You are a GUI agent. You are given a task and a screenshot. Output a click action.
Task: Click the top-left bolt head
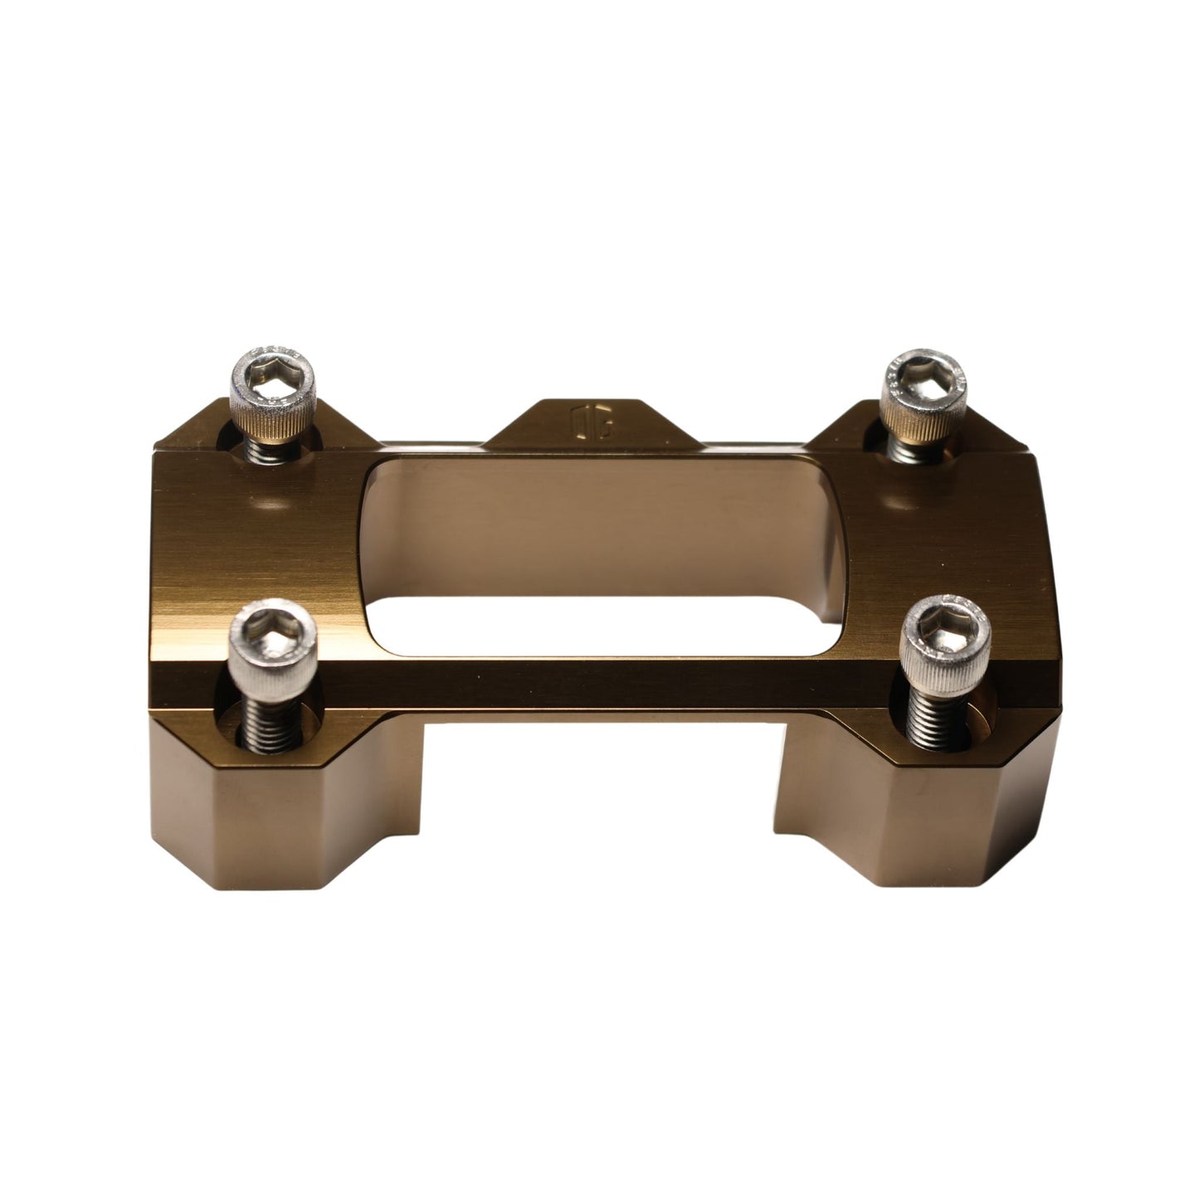[x=273, y=395]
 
